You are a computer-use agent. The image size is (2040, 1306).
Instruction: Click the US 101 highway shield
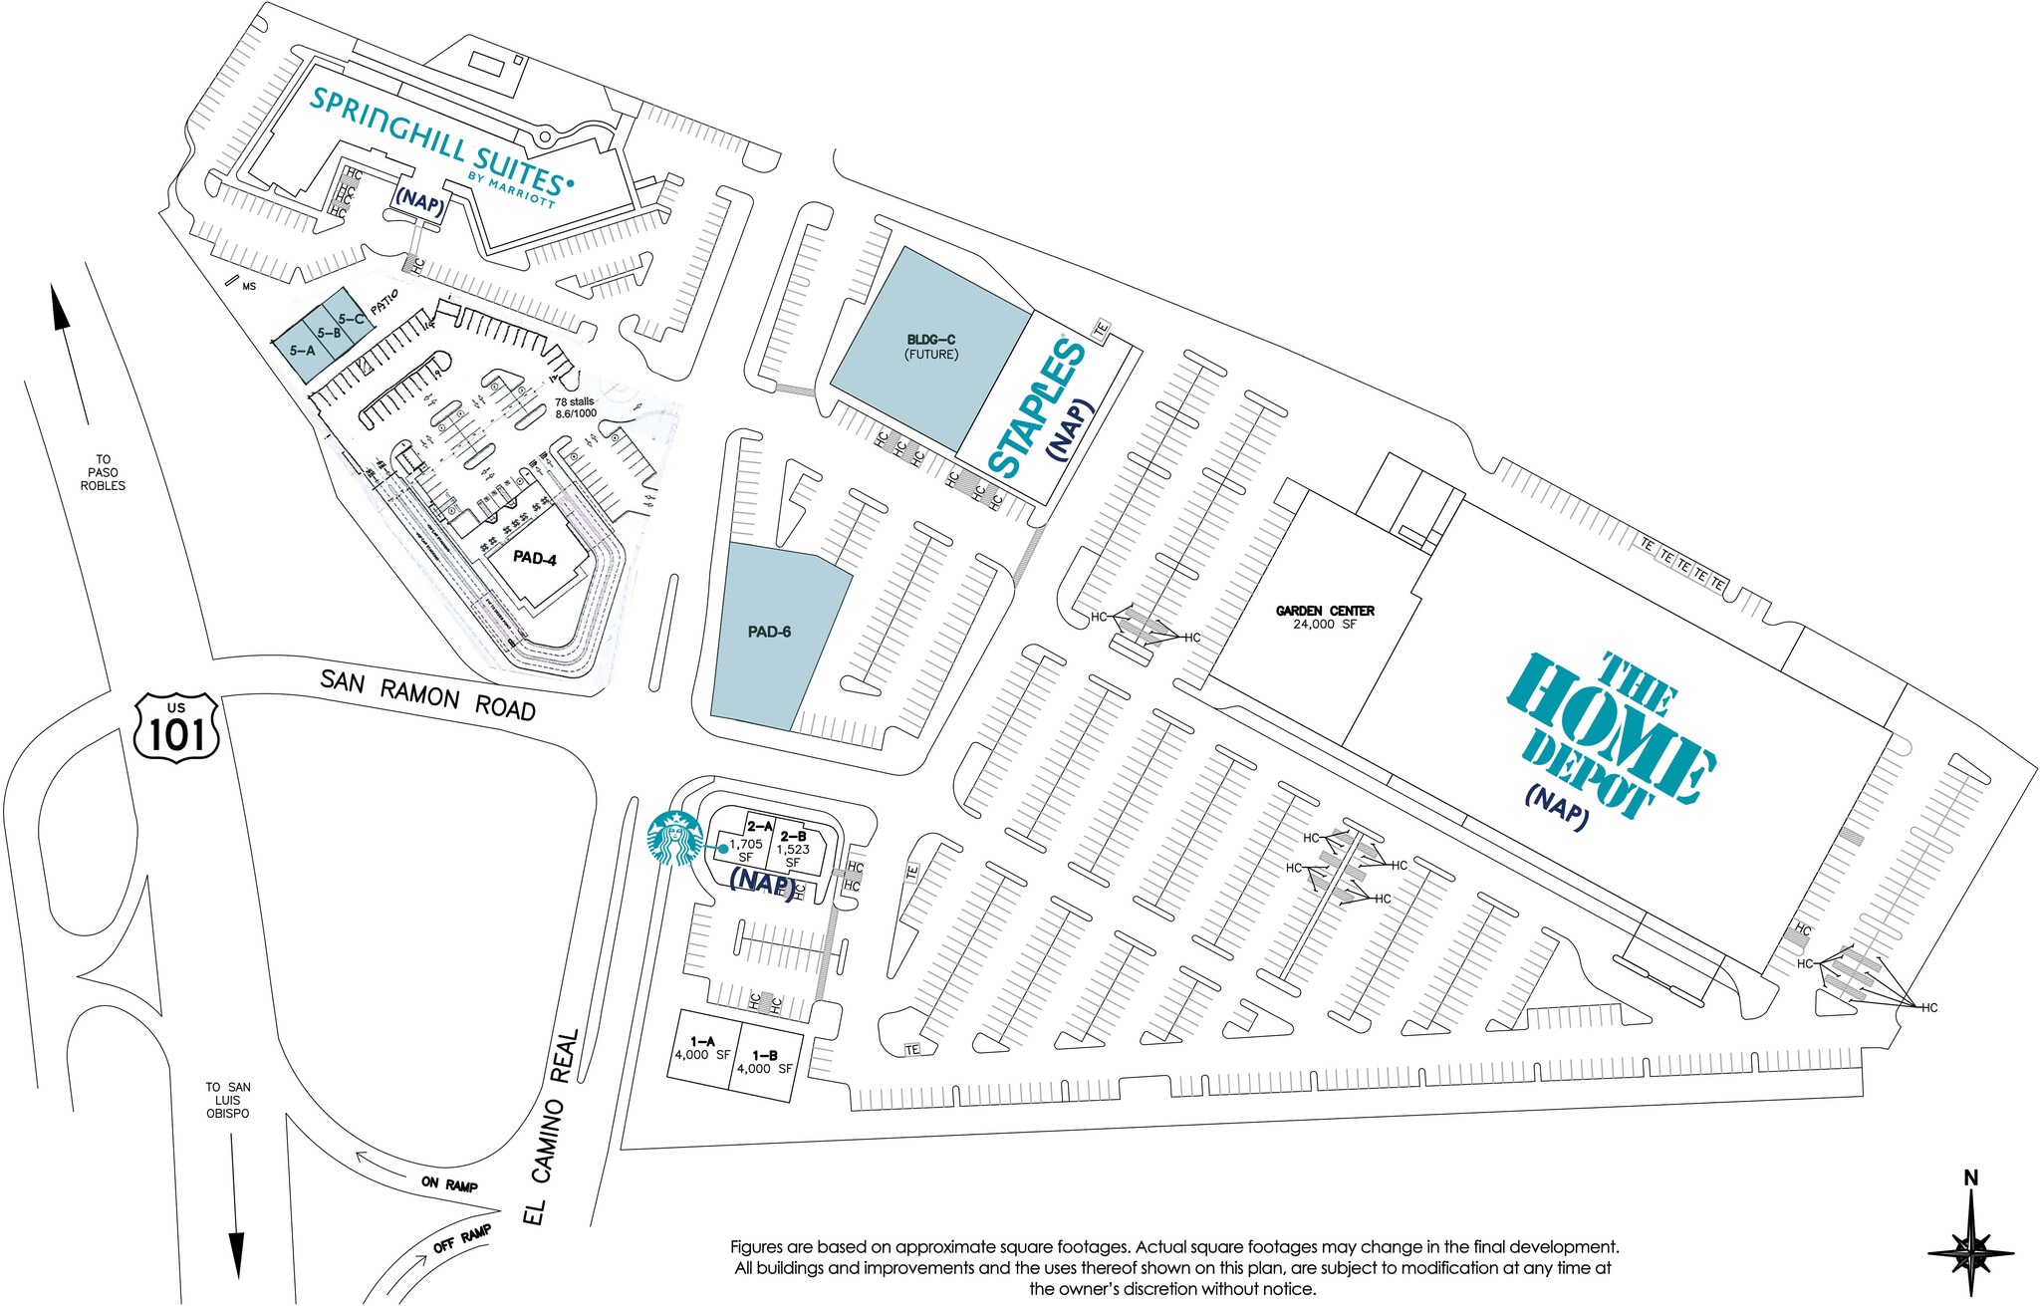coord(176,728)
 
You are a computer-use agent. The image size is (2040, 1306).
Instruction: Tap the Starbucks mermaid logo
coord(674,839)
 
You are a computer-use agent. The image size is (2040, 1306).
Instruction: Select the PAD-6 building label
coord(769,632)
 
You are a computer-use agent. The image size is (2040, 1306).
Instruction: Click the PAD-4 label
coord(535,558)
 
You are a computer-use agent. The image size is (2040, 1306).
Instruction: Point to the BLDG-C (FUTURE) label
coord(930,347)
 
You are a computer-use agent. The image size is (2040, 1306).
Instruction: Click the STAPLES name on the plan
coord(1036,408)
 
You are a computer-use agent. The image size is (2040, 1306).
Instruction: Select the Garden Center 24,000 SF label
coord(1325,617)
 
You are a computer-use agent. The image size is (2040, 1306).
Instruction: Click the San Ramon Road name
coord(427,694)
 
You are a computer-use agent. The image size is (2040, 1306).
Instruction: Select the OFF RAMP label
coord(462,1239)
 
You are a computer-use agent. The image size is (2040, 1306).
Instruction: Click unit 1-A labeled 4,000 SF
coord(702,1048)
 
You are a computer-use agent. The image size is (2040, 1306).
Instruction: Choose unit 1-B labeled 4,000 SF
coord(764,1062)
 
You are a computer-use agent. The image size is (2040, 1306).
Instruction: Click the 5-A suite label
coord(302,351)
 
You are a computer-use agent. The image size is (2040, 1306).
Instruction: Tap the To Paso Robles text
coord(103,473)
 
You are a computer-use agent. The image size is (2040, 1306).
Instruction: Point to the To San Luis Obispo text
coord(228,1100)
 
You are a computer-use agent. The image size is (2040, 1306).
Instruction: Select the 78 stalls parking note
coord(576,407)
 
